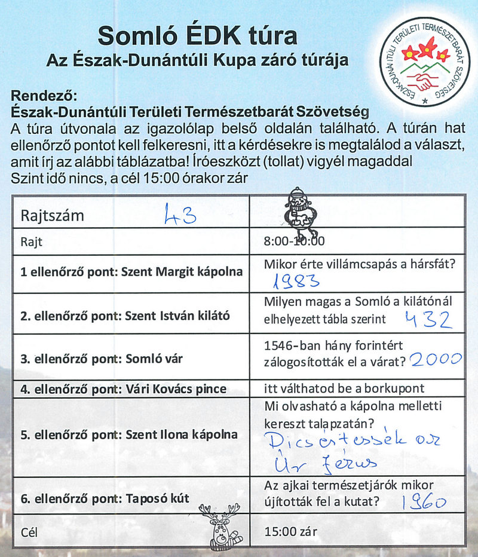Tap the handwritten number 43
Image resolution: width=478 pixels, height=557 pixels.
(180, 215)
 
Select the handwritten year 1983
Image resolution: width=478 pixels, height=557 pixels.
(296, 281)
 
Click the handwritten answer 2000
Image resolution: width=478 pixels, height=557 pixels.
(437, 359)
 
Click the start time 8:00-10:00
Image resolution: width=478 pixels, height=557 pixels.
(293, 241)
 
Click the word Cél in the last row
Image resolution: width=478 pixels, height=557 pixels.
(29, 531)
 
